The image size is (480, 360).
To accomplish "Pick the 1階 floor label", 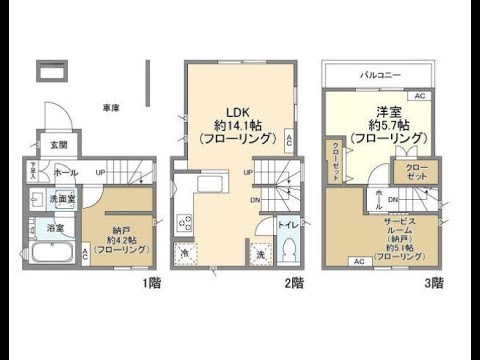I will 151,283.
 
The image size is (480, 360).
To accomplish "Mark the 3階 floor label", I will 433,283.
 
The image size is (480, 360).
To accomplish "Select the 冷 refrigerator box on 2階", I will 184,252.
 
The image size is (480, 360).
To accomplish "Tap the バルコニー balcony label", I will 378,75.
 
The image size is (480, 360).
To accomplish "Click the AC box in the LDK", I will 290,139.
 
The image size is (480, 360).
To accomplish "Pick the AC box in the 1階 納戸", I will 85,255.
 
